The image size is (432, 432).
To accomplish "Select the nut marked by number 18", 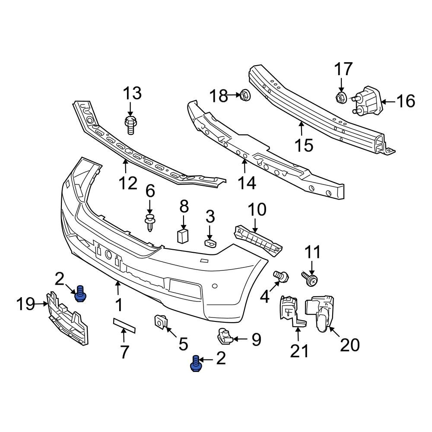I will pos(244,94).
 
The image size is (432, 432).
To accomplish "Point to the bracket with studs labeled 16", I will pos(368,101).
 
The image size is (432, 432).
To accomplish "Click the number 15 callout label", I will pos(305,145).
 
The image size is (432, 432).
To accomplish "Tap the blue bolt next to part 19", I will pos(80,294).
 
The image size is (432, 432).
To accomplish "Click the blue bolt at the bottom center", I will pos(196,364).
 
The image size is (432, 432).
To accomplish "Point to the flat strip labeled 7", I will pos(124,324).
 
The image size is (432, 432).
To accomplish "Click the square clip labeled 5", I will pos(161,321).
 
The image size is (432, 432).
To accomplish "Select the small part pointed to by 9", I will pos(224,336).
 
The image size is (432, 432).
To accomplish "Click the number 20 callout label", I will pos(349,344).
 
